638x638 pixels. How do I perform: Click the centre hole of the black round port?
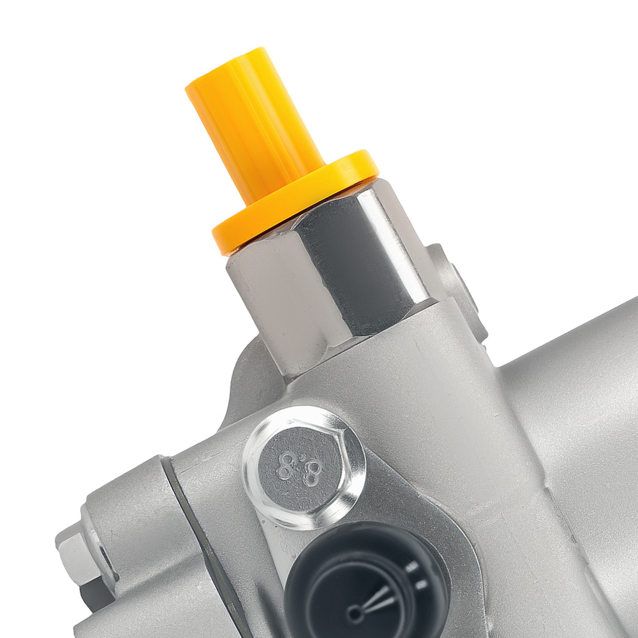click(353, 614)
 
